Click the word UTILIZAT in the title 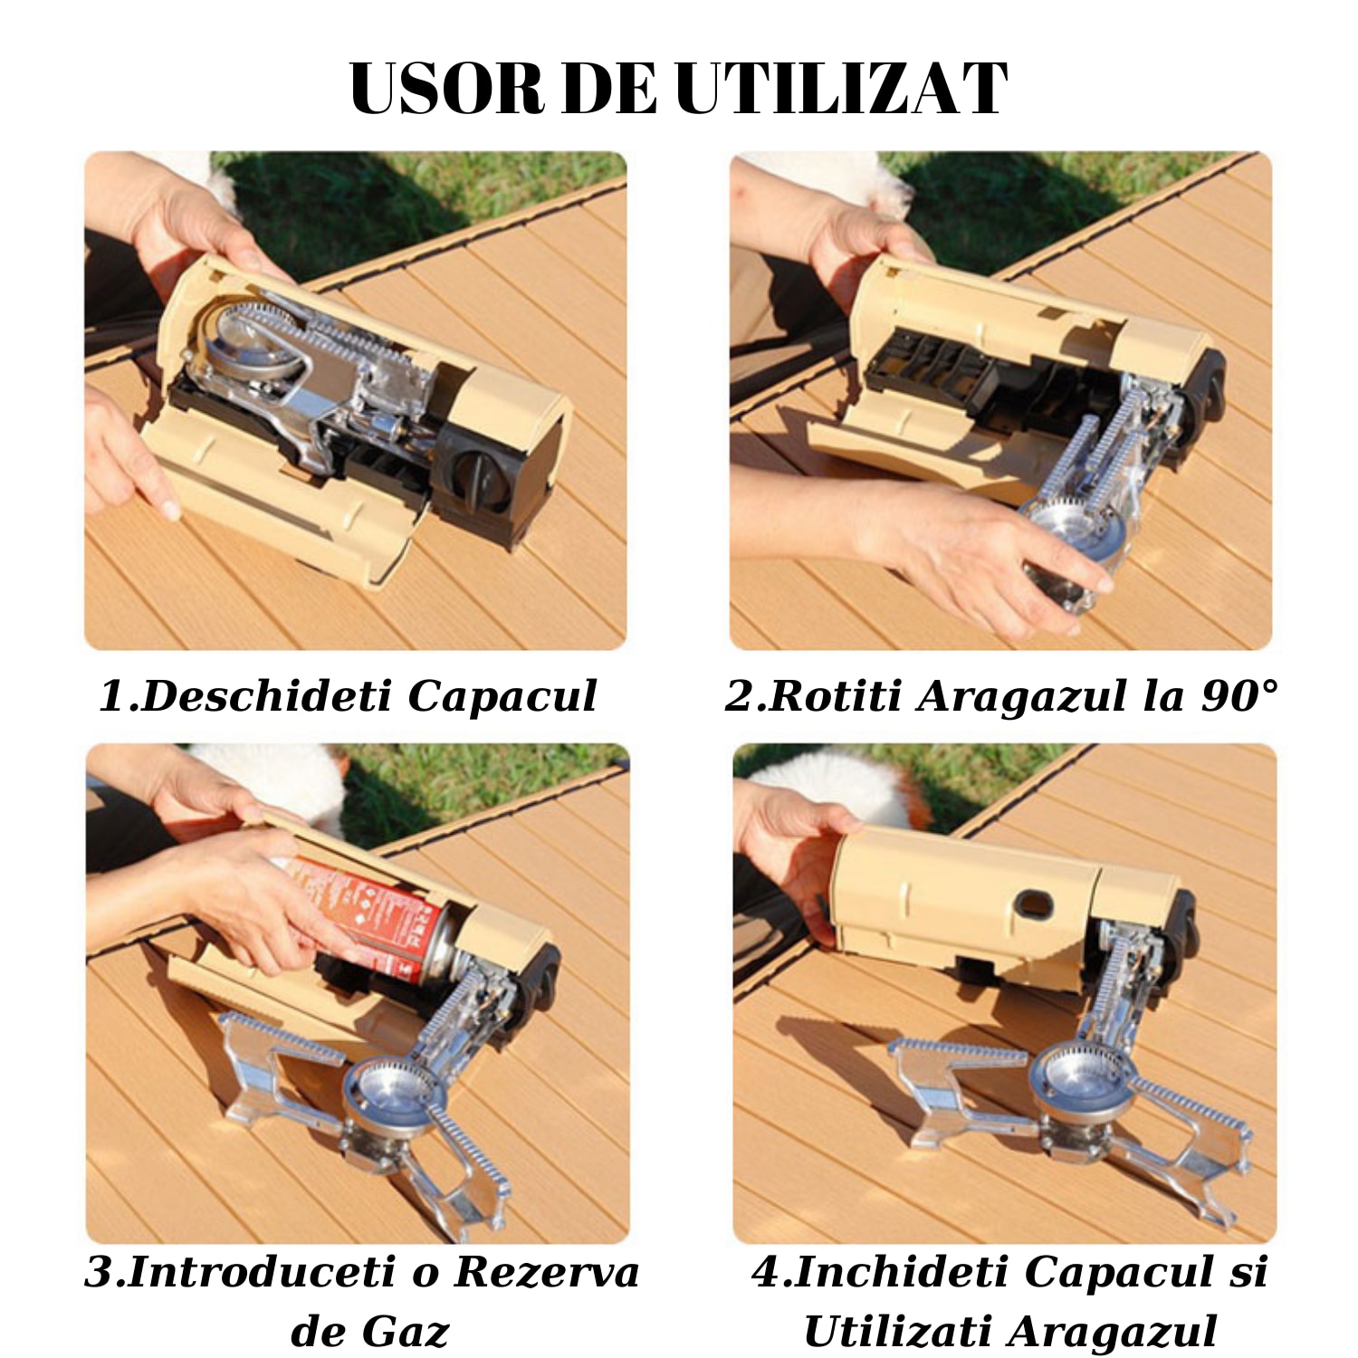(841, 89)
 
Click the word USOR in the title (447, 89)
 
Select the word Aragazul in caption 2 (1022, 696)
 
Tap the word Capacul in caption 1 (502, 696)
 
